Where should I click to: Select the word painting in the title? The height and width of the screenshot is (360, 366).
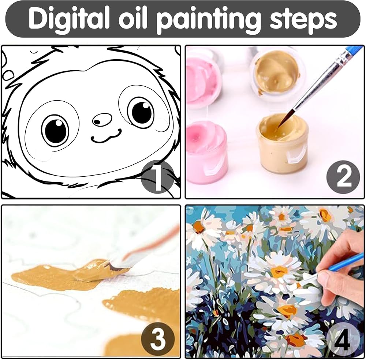click(209, 20)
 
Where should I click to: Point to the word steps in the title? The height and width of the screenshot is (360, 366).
click(303, 20)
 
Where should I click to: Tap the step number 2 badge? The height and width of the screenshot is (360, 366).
click(343, 177)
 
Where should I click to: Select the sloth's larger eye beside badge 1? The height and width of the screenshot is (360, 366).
click(55, 130)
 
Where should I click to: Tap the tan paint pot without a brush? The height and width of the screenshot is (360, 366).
click(277, 75)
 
